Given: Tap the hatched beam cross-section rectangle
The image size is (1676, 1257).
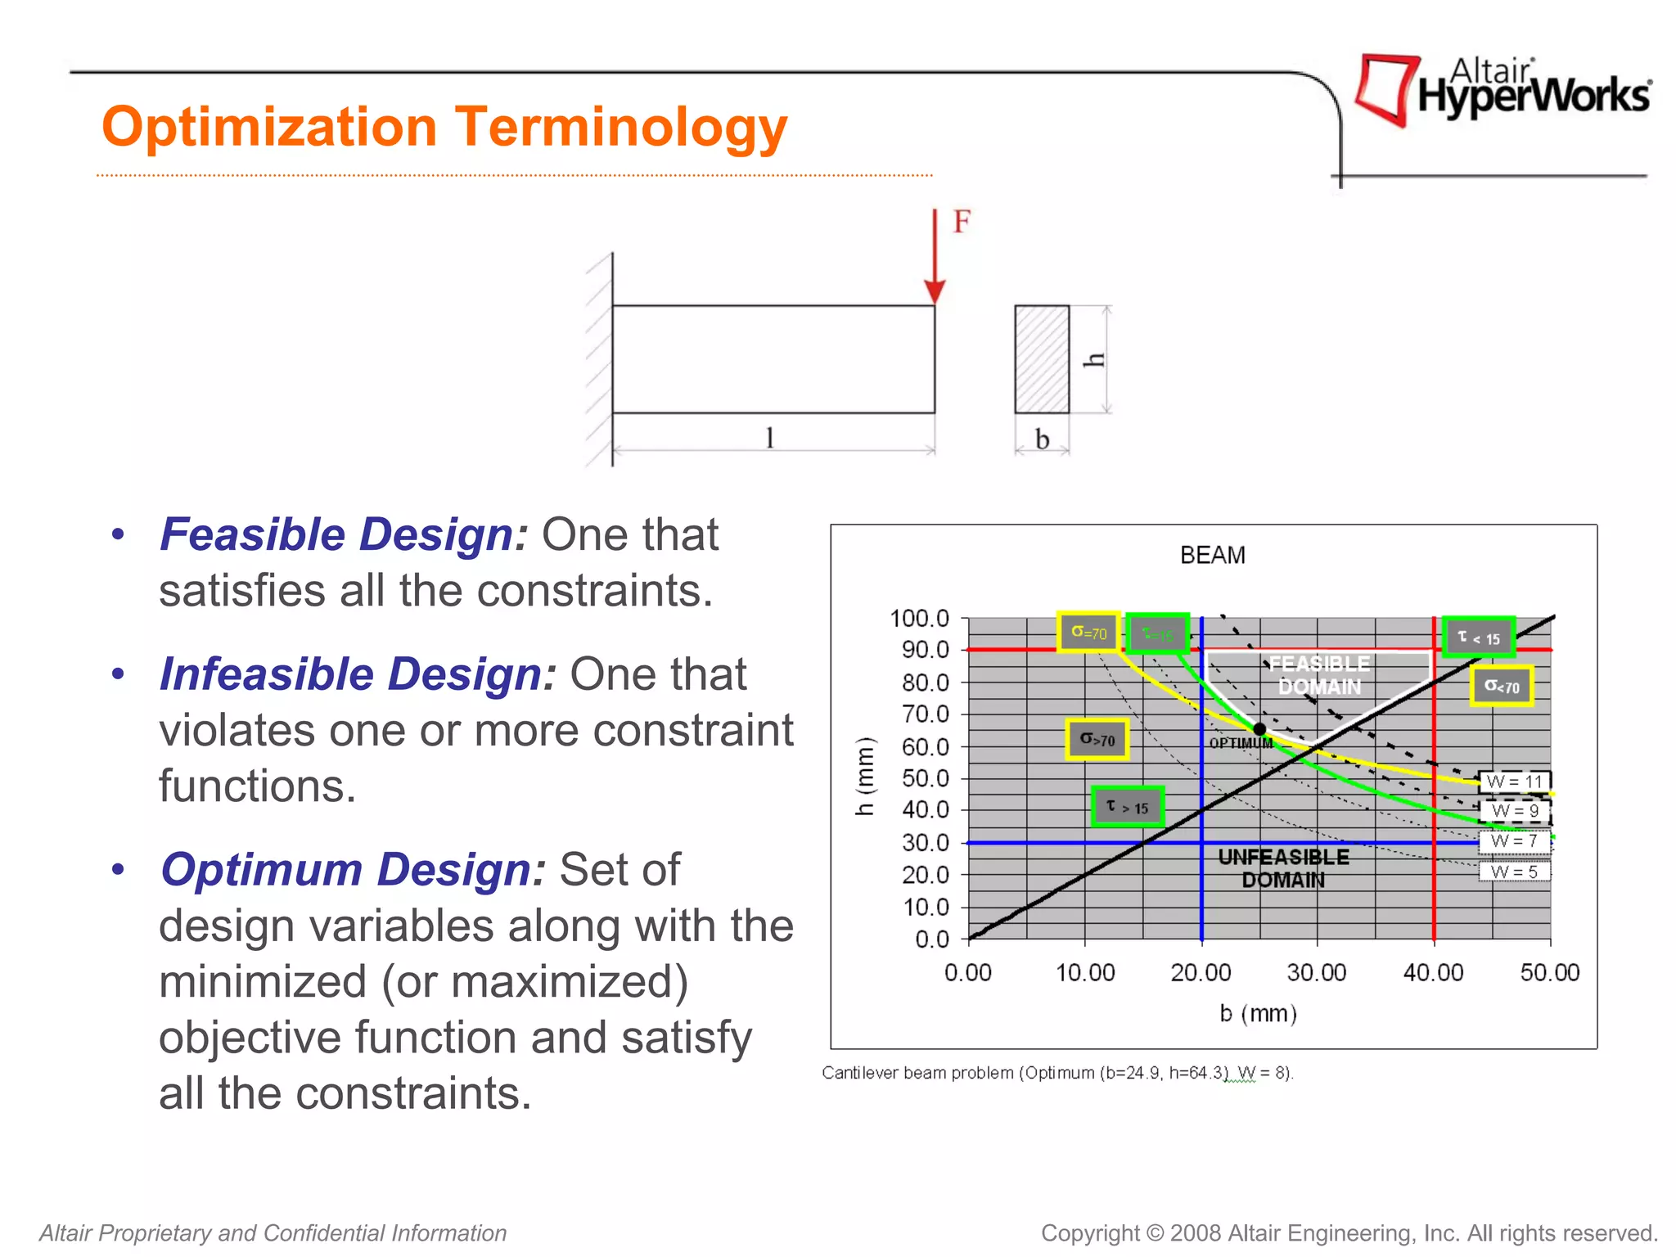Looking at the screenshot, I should click(x=1042, y=359).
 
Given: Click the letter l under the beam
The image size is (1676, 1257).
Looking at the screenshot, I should click(x=769, y=438).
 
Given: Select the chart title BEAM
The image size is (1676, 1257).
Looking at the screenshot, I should click(x=1212, y=556).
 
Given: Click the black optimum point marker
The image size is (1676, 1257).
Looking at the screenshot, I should click(x=1259, y=728).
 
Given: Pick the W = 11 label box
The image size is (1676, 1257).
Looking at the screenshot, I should click(x=1514, y=782).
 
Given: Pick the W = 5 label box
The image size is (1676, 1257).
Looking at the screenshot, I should click(x=1514, y=872).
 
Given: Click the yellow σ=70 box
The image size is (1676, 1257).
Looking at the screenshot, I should click(x=1088, y=633).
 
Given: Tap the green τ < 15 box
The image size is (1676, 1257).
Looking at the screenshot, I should click(x=1478, y=638).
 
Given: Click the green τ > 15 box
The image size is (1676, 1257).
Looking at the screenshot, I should click(x=1127, y=807).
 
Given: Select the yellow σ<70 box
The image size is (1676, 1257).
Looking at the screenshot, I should click(x=1501, y=686).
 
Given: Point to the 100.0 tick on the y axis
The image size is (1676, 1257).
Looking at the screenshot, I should click(x=919, y=619).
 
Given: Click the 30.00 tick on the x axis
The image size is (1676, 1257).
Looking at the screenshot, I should click(x=1316, y=972).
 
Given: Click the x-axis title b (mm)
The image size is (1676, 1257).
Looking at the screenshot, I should click(x=1258, y=1014).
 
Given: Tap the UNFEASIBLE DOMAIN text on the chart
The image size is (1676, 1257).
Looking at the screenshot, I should click(x=1283, y=868).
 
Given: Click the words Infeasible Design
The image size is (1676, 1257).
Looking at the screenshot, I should click(x=358, y=674).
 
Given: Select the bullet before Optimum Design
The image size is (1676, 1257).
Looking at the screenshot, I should click(x=119, y=869).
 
